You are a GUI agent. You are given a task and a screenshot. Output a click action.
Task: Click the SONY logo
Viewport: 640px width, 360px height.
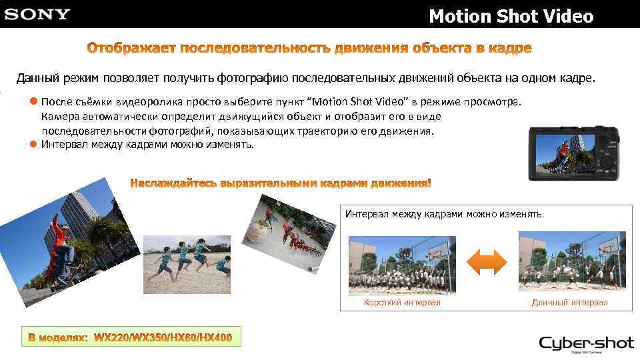point(37,14)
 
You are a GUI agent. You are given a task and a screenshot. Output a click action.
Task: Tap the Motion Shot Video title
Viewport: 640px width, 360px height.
point(511,16)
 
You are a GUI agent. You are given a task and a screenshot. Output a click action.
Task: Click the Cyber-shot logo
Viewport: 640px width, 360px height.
point(586,345)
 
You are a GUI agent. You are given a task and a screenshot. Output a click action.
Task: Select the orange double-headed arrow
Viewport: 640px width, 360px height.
point(487,261)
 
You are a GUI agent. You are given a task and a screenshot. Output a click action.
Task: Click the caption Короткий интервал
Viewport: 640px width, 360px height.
point(402,303)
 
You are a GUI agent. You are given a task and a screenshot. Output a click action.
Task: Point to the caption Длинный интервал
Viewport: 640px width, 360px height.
point(569,303)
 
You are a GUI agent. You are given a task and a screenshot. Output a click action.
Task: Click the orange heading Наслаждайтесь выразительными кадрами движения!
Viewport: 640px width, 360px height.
point(281,183)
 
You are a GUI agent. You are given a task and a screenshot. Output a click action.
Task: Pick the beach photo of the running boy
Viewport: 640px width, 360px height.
point(187,264)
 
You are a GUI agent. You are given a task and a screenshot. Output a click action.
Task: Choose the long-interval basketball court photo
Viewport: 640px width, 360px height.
point(571,261)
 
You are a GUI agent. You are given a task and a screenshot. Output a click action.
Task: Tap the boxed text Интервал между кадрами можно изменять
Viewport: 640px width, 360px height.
point(443,214)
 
